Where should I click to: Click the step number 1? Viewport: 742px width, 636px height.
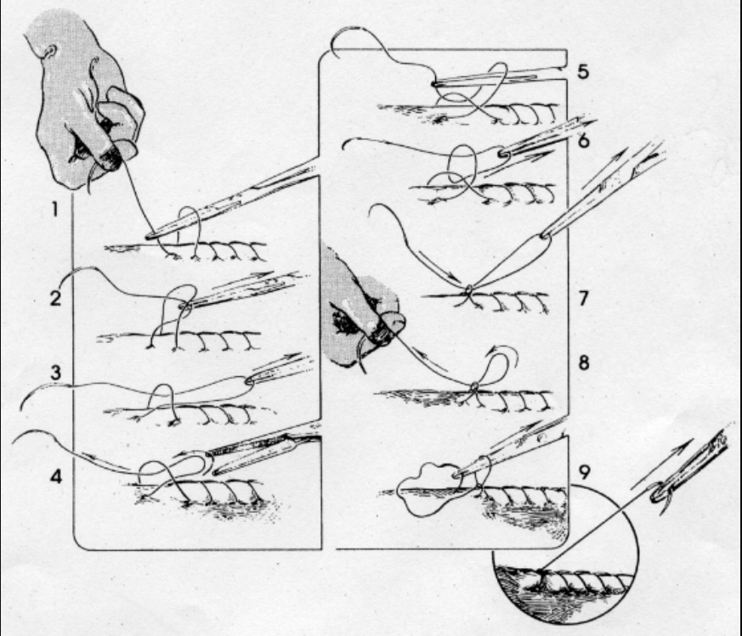(x=55, y=209)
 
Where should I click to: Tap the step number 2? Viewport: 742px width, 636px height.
(x=55, y=298)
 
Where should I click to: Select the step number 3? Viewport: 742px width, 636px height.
(x=56, y=373)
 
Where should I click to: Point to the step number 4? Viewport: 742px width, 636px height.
(x=56, y=476)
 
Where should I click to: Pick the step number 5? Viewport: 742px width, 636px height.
(x=583, y=71)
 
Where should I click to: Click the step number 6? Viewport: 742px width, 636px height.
(x=583, y=140)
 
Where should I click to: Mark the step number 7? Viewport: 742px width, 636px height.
(x=583, y=298)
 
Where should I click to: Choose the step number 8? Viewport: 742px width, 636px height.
(x=584, y=363)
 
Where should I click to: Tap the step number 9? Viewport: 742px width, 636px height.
(x=585, y=472)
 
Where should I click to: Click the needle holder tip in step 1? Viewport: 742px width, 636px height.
(x=151, y=235)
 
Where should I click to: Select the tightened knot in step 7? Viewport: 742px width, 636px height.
(x=468, y=290)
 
